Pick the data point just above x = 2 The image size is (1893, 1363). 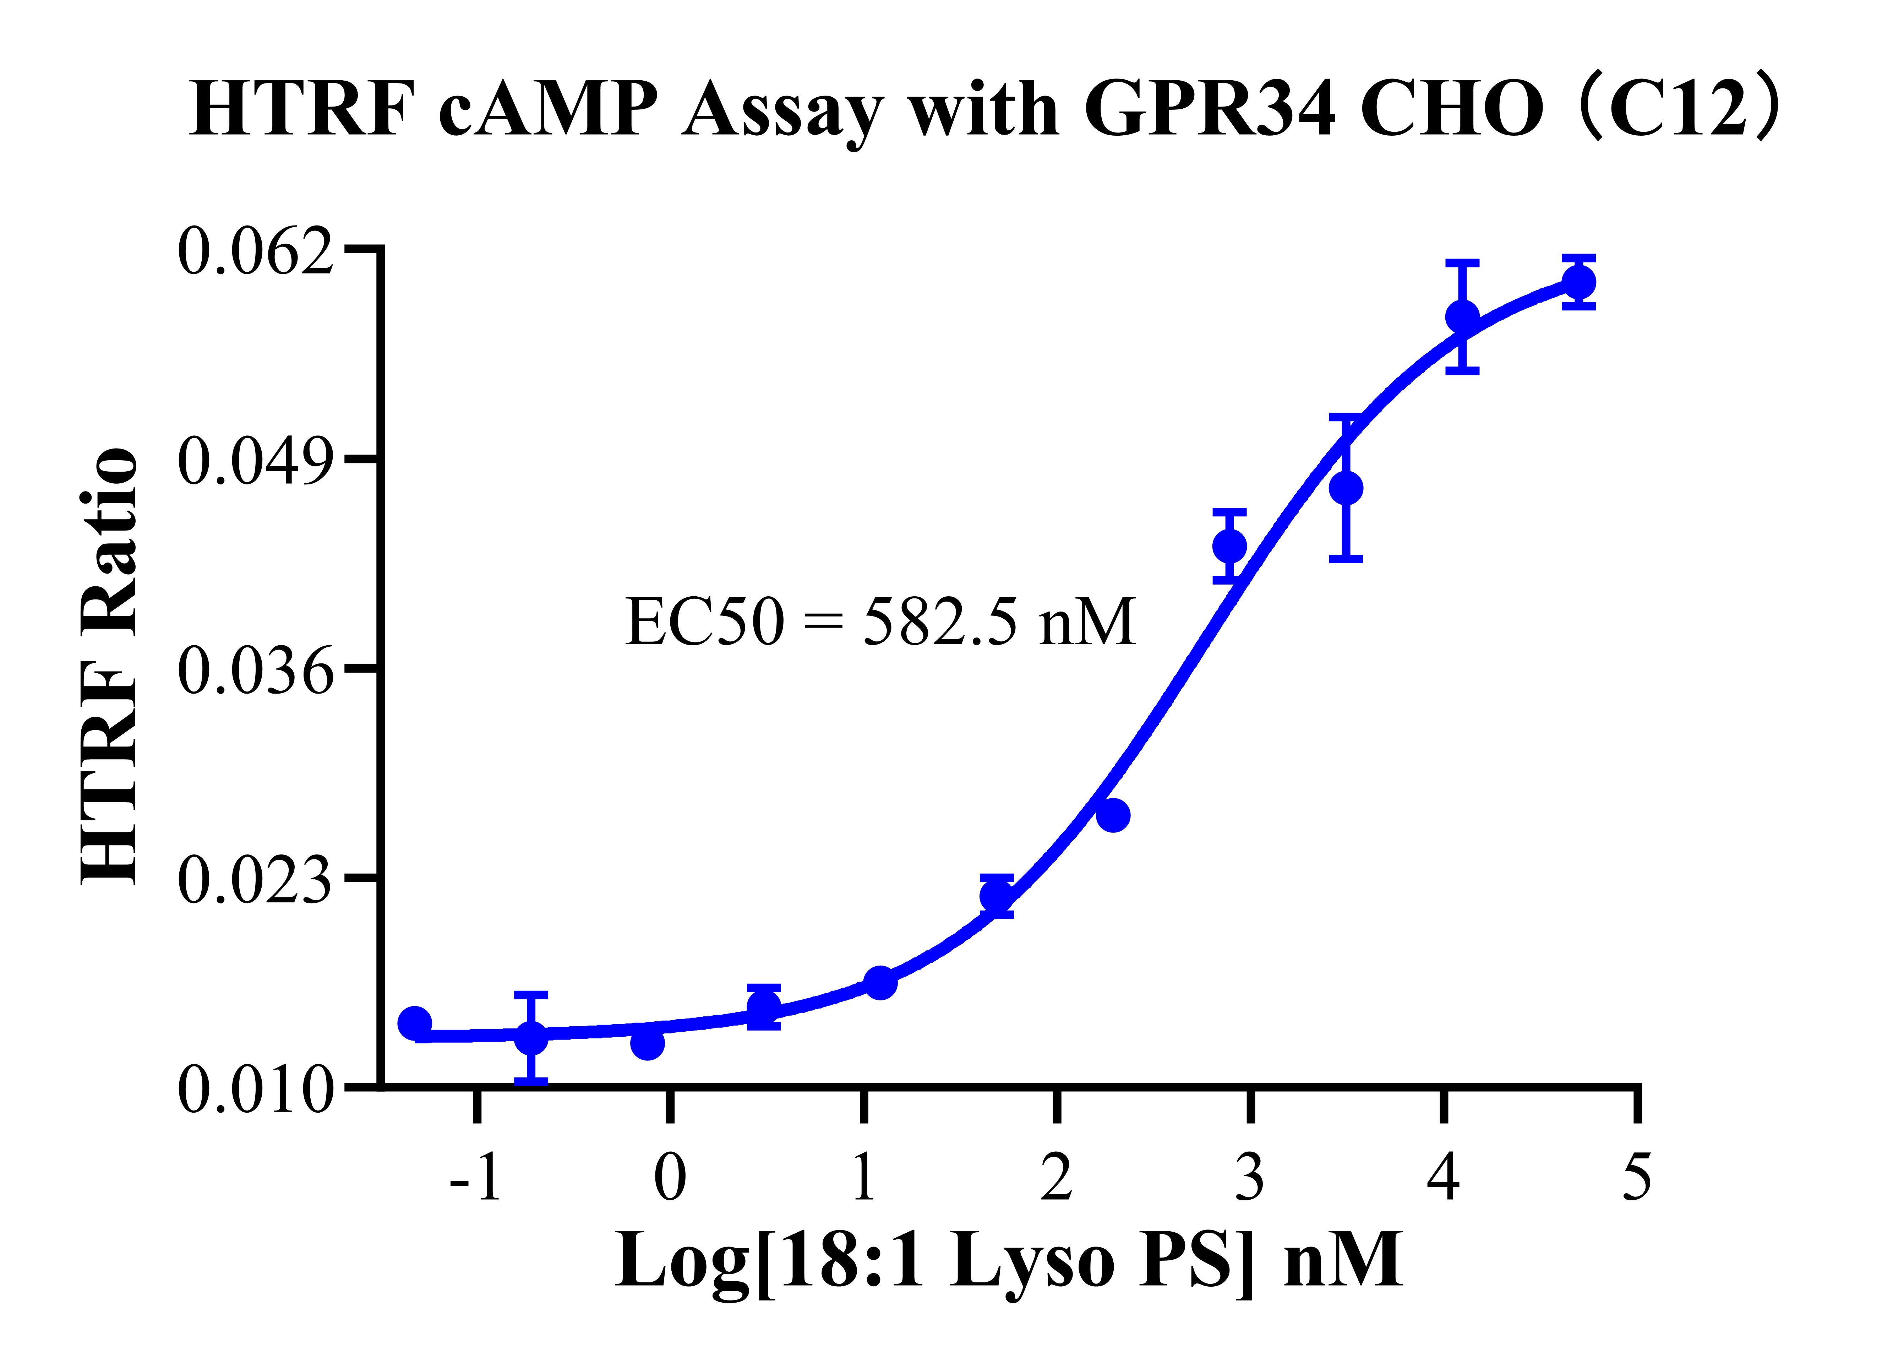[x=1113, y=815]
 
